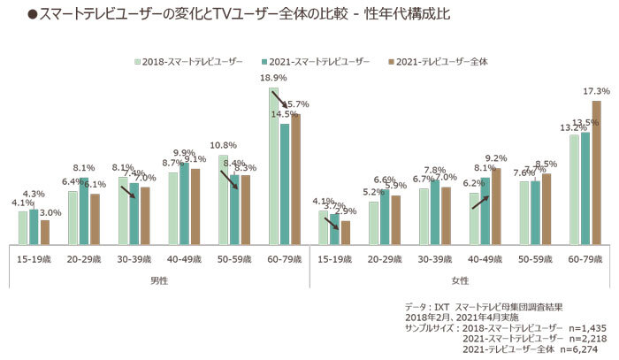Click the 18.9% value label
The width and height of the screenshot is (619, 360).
(272, 79)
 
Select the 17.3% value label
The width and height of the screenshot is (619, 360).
(597, 91)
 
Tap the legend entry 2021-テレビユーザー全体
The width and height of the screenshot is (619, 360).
(443, 62)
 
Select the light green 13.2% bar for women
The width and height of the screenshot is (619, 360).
(574, 188)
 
